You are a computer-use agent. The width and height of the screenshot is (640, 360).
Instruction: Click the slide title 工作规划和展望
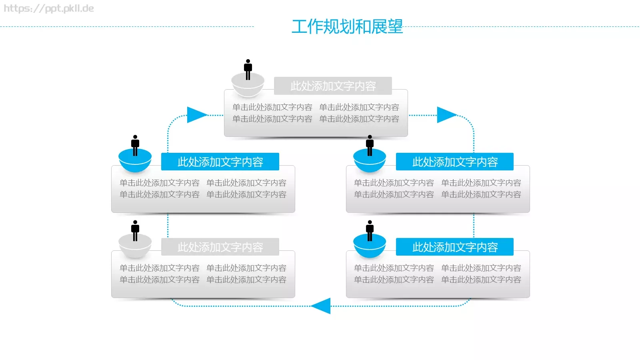point(347,27)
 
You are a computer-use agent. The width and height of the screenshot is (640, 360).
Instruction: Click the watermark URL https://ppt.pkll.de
point(49,8)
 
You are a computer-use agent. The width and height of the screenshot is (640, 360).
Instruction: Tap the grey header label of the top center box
point(333,86)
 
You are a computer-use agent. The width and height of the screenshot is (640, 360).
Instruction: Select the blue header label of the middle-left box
point(220,162)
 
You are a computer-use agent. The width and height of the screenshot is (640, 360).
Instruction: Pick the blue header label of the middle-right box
point(455,162)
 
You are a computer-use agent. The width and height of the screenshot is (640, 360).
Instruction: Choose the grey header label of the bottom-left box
point(220,247)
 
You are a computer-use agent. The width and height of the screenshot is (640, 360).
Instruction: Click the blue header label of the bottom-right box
point(455,247)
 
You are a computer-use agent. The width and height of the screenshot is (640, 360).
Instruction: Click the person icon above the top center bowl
point(248,69)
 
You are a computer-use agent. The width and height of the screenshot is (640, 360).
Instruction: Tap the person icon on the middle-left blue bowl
point(135,145)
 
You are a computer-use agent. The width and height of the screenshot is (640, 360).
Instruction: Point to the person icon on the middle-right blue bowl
point(370,145)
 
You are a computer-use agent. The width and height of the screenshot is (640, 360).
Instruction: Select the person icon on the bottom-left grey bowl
point(135,230)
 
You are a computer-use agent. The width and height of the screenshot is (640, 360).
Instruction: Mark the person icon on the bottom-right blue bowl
point(370,230)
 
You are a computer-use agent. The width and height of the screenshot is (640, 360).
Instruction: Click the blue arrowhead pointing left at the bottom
point(322,306)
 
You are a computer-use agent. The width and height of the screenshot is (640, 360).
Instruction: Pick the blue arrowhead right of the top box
point(445,115)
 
